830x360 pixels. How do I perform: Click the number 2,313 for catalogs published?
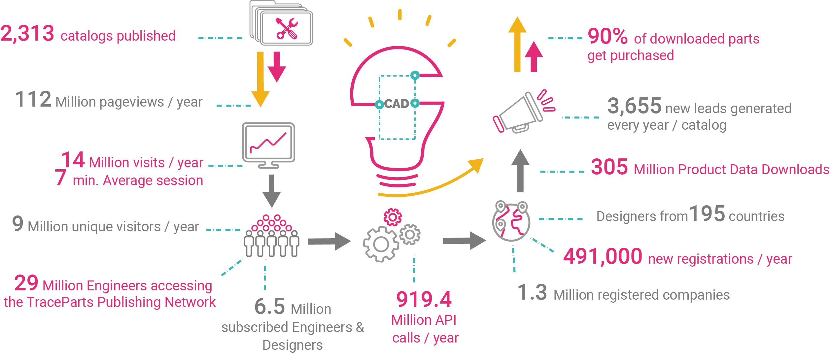pos(27,34)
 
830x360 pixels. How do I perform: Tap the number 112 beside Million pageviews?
pos(33,99)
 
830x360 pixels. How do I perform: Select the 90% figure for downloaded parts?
pos(607,36)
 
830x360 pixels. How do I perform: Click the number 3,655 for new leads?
pos(634,106)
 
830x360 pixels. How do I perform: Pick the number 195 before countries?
pos(707,213)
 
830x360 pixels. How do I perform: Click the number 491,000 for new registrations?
pos(603,256)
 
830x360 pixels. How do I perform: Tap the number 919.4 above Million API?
pos(424,299)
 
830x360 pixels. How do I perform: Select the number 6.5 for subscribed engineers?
pos(270,307)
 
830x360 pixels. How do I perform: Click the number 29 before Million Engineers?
pos(26,283)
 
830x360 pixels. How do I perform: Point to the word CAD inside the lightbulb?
pos(397,104)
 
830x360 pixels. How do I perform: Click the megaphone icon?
pos(524,111)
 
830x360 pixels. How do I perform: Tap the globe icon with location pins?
pos(511,221)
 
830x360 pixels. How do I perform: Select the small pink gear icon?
pos(393,217)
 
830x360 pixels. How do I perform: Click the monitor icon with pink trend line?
pos(268,146)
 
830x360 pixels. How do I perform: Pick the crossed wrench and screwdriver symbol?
pos(287,29)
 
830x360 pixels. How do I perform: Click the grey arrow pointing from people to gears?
pos(329,241)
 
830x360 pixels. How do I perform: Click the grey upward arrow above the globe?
pos(520,171)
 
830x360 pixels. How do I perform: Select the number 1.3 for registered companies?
pos(532,292)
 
